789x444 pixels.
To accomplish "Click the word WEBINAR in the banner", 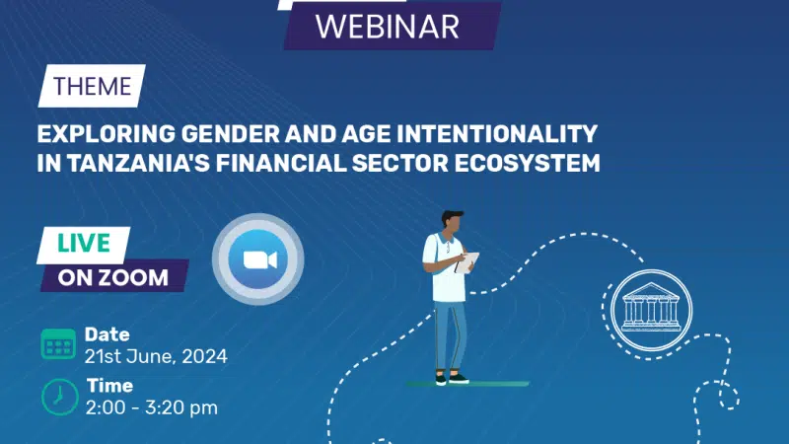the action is coord(387,27).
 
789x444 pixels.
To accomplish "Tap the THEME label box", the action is coord(92,86).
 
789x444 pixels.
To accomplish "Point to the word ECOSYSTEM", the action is coord(528,163).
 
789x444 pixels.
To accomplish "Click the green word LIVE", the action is coord(84,243).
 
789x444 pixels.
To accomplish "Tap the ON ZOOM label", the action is coord(113,277).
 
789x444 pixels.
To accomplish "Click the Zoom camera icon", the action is coord(258,259).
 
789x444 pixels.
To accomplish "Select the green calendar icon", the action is coord(58,343).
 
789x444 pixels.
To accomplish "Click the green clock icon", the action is coord(60,398).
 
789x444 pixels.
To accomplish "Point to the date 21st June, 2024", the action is coord(156,356).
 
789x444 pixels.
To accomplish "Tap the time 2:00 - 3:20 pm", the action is coord(152,407).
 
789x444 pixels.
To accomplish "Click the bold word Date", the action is coord(108,334).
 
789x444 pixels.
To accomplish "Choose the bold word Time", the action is coord(109,386).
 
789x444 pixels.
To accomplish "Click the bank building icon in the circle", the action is coord(651,309).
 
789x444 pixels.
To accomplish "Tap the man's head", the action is coord(453,222).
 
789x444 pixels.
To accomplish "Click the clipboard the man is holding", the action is coord(466,262).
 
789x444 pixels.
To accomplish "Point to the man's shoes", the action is coord(452,379).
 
